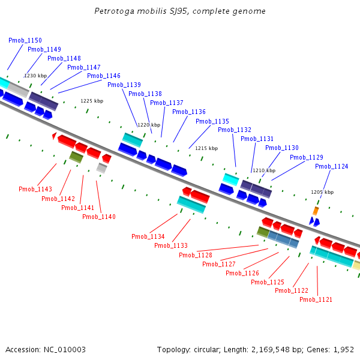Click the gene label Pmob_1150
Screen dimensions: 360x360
[x=25, y=40]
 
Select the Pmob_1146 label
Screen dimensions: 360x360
[x=104, y=76]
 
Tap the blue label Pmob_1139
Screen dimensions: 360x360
[x=124, y=85]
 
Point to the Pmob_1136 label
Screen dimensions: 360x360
[x=189, y=112]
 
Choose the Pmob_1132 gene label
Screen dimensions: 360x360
[x=235, y=130]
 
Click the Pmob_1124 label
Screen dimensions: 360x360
[x=331, y=167]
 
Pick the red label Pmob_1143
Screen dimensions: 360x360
[x=35, y=190]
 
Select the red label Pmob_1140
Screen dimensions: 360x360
[x=99, y=217]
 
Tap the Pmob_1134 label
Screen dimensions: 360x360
[x=148, y=237]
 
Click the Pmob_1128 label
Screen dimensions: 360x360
[x=196, y=256]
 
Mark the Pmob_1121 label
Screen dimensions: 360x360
[x=316, y=300]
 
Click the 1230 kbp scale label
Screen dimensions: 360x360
[x=35, y=76]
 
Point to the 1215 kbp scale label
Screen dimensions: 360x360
[x=206, y=148]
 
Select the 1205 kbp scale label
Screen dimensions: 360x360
[x=322, y=192]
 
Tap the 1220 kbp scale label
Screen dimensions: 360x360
[x=149, y=125]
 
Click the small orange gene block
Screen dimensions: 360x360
[x=316, y=211]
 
